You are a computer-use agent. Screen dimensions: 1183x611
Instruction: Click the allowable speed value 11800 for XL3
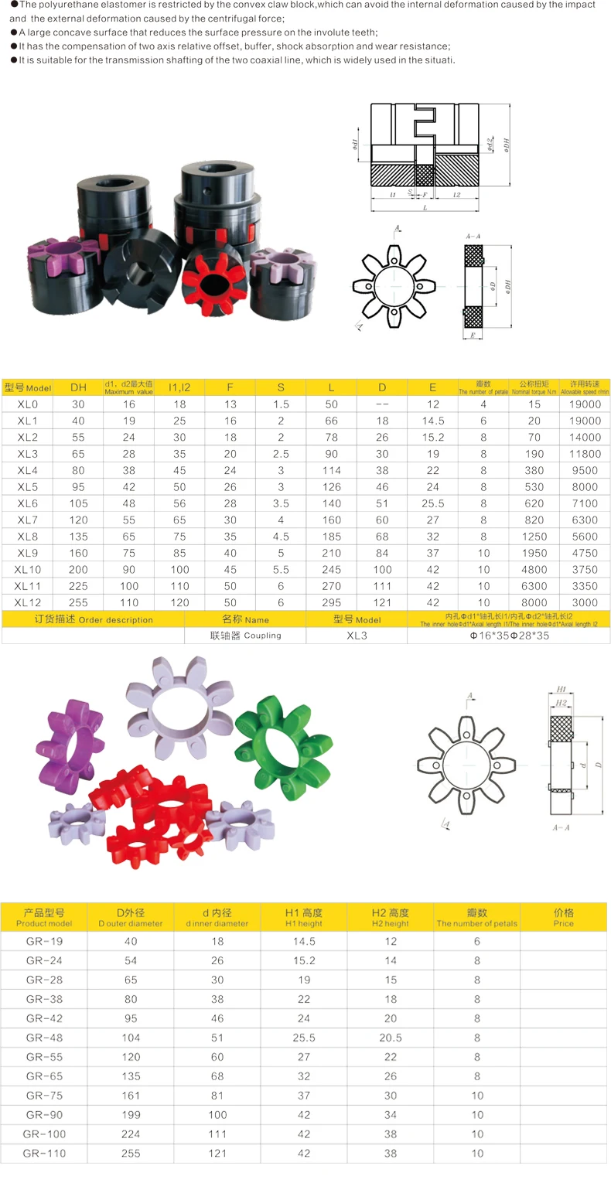coord(585,453)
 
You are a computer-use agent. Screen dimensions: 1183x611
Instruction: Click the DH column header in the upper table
coord(78,387)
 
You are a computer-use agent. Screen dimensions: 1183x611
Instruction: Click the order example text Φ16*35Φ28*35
coord(508,635)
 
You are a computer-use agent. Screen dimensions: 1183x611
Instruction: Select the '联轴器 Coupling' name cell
coord(245,635)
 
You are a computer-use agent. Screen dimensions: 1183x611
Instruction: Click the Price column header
coord(563,918)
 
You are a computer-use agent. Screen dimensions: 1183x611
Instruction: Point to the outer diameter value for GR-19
coord(131,941)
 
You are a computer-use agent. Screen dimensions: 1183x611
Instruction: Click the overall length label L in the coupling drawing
coord(425,208)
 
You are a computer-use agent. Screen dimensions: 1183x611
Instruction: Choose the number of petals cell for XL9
coord(483,553)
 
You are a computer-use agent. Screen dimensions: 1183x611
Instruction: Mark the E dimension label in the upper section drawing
coord(472,336)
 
